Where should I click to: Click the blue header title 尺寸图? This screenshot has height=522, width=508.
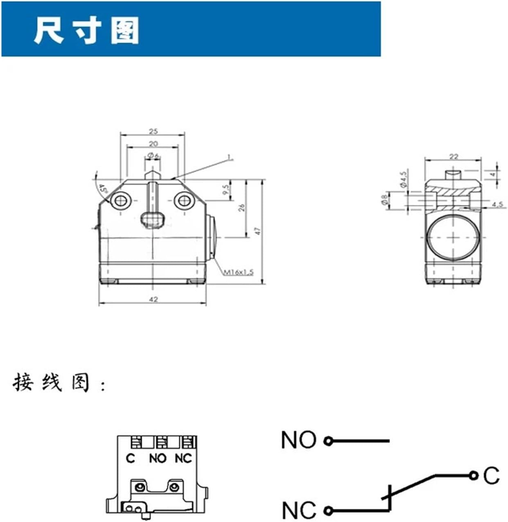click(x=86, y=30)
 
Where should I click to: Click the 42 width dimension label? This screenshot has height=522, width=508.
click(x=153, y=299)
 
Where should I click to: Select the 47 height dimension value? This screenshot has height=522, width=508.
click(x=257, y=231)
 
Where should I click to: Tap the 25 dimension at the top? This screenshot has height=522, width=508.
click(x=153, y=132)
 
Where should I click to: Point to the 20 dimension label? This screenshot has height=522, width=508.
click(x=153, y=144)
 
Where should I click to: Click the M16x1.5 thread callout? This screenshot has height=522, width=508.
click(x=239, y=272)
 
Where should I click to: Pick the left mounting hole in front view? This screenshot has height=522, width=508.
click(x=121, y=201)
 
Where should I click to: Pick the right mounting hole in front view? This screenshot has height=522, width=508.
click(x=183, y=201)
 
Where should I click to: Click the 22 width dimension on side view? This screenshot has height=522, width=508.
click(x=454, y=156)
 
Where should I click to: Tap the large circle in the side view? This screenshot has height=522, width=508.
click(x=453, y=238)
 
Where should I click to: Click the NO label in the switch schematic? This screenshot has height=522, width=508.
click(x=299, y=440)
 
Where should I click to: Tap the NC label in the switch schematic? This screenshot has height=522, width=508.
click(x=299, y=510)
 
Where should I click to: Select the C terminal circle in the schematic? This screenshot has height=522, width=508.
click(x=474, y=475)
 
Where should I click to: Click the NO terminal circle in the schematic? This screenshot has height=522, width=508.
click(x=328, y=441)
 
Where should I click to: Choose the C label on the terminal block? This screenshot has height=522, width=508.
click(x=130, y=459)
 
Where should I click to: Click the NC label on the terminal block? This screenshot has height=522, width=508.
click(x=183, y=459)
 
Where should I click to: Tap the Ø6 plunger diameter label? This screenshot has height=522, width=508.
click(x=153, y=155)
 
